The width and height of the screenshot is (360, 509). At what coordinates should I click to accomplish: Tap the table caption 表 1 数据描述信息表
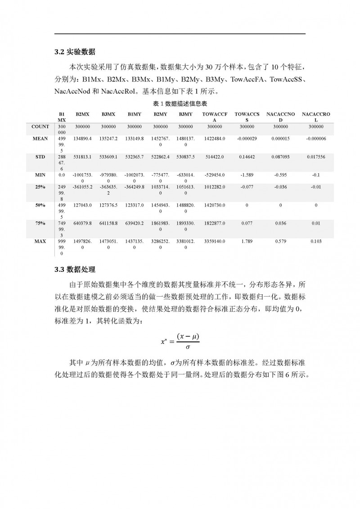pyautogui.click(x=180, y=104)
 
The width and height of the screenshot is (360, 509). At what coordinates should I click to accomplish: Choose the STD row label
pyautogui.click(x=40, y=158)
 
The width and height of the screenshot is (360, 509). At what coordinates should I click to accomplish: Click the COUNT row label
pyautogui.click(x=40, y=127)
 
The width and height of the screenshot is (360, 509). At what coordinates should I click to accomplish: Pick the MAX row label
pyautogui.click(x=40, y=241)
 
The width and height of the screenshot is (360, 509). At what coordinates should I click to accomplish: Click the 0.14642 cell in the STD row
pyautogui.click(x=247, y=158)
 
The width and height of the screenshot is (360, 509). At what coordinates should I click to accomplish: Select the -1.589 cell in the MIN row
pyautogui.click(x=247, y=174)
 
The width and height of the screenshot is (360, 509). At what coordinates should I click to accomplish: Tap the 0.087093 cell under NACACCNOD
pyautogui.click(x=281, y=158)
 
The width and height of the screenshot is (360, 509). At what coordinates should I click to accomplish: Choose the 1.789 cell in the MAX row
pyautogui.click(x=247, y=241)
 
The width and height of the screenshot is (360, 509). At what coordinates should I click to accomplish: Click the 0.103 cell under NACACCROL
pyautogui.click(x=316, y=241)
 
